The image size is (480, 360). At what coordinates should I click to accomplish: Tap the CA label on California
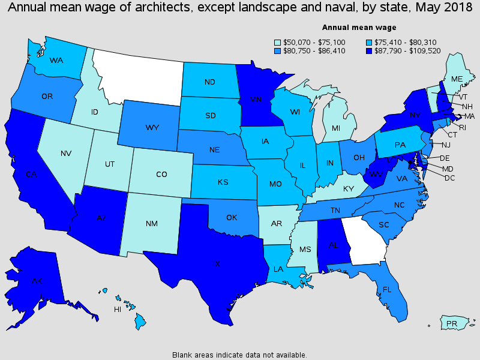(x=32, y=175)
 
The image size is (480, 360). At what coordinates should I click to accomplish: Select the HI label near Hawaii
(x=118, y=310)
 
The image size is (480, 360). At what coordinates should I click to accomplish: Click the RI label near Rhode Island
(x=461, y=127)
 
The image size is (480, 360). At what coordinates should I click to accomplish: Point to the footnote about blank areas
(x=240, y=355)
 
